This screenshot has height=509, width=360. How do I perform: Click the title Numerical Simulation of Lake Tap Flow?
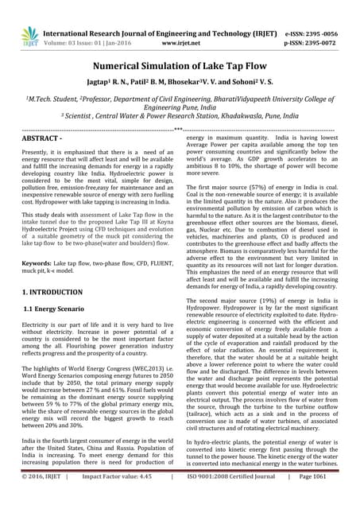tap(180, 68)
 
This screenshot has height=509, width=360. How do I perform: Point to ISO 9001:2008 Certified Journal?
tap(241, 501)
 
